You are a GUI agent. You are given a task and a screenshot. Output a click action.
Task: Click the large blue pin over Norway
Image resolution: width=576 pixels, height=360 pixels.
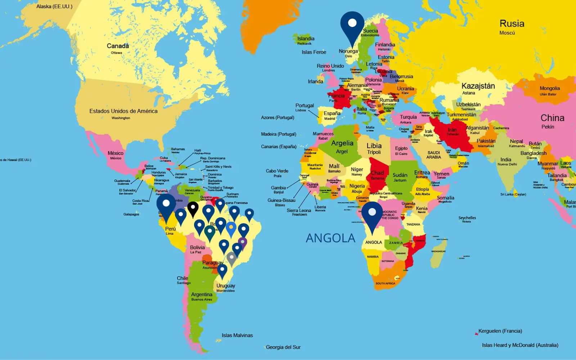[352, 25]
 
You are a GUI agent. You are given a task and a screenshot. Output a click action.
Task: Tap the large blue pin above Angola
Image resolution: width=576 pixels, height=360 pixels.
[372, 214]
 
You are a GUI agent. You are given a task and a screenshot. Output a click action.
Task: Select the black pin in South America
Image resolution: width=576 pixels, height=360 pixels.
[193, 208]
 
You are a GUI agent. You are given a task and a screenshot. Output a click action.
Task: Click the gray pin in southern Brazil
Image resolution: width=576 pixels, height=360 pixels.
[231, 257]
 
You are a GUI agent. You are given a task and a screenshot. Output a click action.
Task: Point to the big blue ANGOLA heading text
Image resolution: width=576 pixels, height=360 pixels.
[330, 238]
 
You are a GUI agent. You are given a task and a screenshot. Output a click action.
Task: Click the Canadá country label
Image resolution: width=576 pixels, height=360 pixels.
[118, 46]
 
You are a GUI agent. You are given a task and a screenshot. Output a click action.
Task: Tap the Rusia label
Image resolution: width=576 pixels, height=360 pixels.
[512, 24]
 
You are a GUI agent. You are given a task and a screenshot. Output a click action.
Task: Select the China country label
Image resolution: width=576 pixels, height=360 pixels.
[552, 118]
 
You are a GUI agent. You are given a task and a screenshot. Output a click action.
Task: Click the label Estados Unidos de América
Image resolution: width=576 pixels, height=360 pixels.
[123, 111]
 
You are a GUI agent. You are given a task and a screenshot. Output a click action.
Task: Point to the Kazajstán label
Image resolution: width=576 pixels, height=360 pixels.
[478, 86]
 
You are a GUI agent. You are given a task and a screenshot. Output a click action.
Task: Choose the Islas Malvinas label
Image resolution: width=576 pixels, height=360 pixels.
[237, 335]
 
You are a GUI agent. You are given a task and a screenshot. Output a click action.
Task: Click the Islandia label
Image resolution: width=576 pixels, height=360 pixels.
[306, 39]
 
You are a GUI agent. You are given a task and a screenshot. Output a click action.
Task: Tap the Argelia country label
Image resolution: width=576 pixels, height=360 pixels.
[342, 143]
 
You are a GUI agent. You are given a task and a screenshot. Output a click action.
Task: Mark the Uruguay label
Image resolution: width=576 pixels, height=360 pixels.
[226, 285]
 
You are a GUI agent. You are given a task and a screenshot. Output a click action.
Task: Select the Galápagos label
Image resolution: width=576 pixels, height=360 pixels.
[131, 214]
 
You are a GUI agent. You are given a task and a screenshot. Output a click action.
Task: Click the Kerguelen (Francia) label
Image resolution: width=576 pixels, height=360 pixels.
[500, 331]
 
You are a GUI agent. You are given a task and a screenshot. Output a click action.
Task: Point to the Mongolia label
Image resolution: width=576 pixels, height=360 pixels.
[549, 88]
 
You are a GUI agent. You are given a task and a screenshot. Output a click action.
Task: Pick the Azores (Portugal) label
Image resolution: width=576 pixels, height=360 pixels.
[278, 117]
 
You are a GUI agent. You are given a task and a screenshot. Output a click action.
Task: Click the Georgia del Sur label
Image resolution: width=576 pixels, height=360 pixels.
[283, 347]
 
